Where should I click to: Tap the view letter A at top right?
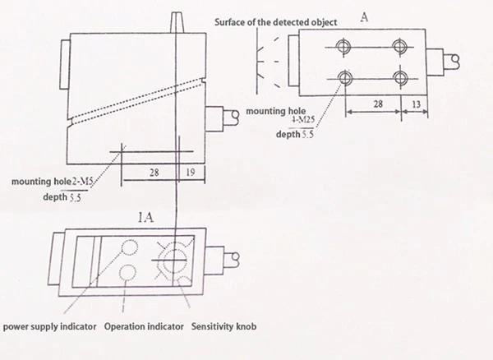coord(363,15)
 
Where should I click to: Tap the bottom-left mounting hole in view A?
coord(343,78)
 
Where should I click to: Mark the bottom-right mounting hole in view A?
coord(400,78)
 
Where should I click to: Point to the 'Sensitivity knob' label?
coord(223,327)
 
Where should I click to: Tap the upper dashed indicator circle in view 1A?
coord(129,247)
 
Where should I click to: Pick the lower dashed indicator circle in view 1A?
coord(128,273)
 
